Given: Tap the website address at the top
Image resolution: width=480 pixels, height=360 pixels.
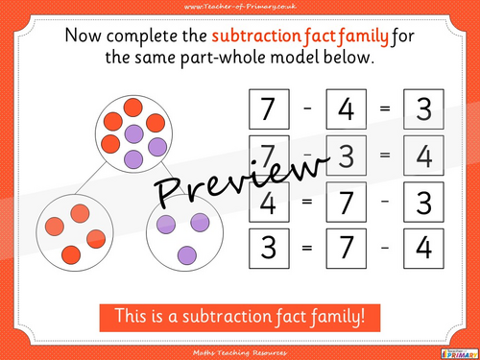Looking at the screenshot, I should point(240,7).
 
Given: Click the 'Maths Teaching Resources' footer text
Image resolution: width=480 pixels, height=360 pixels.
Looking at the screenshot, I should point(240,351).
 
